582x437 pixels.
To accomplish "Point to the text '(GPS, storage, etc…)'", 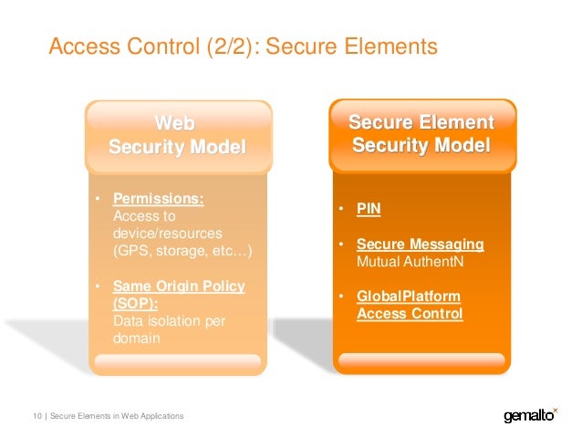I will pyautogui.click(x=182, y=251).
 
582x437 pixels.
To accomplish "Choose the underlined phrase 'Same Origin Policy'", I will pyautogui.click(x=178, y=286).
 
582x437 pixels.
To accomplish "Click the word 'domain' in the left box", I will pyautogui.click(x=136, y=338).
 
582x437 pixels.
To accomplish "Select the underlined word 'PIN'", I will pyautogui.click(x=369, y=209).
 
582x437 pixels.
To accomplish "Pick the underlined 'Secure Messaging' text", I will pyautogui.click(x=420, y=245).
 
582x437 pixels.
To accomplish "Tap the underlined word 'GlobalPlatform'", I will pyautogui.click(x=408, y=297).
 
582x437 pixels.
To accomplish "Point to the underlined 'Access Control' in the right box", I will pyautogui.click(x=410, y=315).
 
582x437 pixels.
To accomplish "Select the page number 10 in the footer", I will pyautogui.click(x=37, y=416).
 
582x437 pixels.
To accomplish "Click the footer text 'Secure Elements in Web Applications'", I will pyautogui.click(x=117, y=416).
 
